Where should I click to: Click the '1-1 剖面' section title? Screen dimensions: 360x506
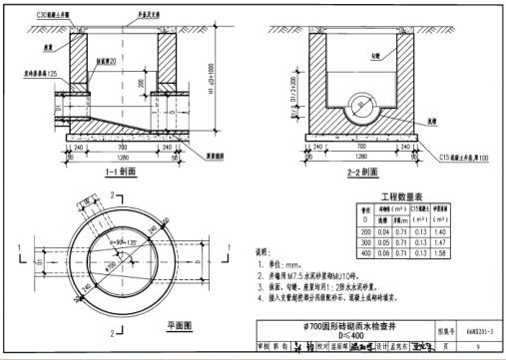[x=118, y=170]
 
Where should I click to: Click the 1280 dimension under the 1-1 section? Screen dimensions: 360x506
[x=118, y=157]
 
